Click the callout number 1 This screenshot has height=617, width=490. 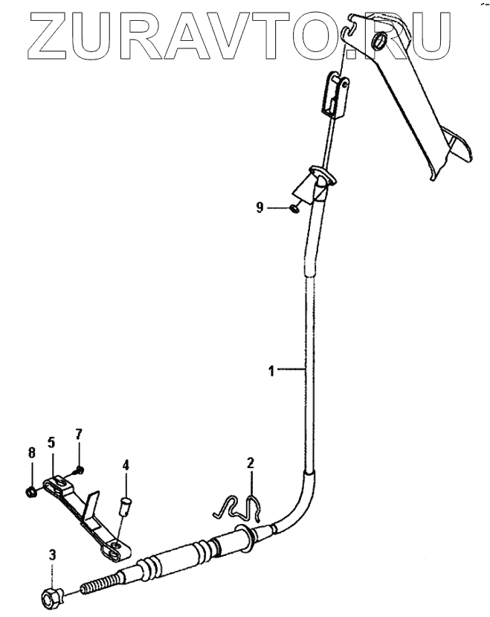[x=272, y=369]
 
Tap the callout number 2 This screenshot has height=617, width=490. [x=251, y=464]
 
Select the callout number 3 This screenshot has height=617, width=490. [x=52, y=554]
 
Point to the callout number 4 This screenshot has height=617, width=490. [x=126, y=465]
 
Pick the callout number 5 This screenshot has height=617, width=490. [x=51, y=441]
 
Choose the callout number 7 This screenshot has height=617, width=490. [x=79, y=433]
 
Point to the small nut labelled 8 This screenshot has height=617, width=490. [x=32, y=490]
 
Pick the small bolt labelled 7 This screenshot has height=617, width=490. [x=78, y=469]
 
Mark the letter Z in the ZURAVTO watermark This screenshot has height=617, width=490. [x=41, y=34]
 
